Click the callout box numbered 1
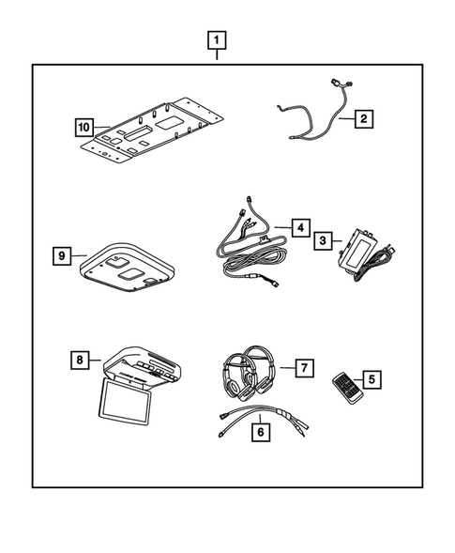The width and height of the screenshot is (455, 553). coord(218,40)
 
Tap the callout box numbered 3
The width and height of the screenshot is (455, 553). coord(322,241)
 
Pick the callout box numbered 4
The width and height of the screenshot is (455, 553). coord(299,227)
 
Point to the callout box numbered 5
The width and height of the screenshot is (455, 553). coord(372,379)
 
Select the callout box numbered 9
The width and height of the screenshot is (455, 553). coord(61,254)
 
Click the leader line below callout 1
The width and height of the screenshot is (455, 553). coord(218,57)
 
